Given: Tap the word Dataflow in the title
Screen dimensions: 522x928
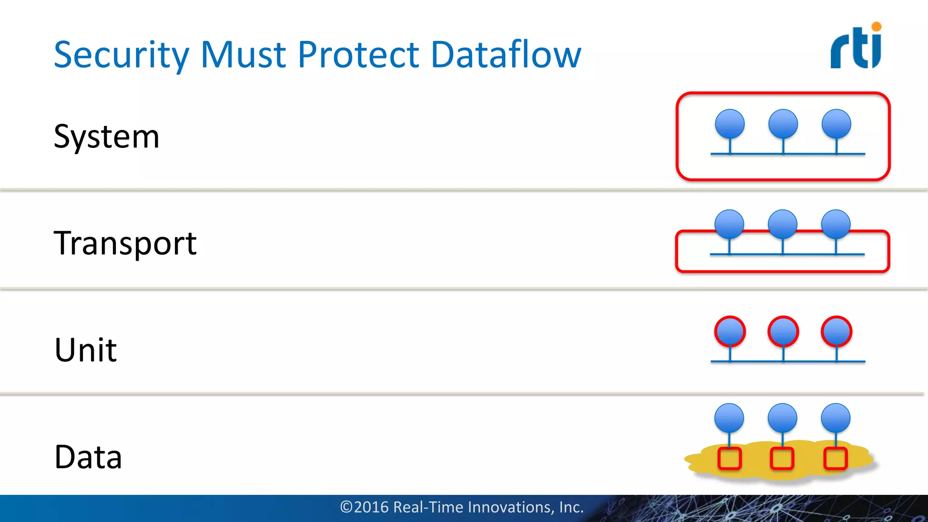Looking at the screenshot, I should coord(506,55).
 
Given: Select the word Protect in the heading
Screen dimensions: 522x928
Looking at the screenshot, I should coord(358,55).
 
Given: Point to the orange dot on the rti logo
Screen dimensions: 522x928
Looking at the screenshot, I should coord(876,27).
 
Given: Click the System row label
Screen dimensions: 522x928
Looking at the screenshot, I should coord(106,136).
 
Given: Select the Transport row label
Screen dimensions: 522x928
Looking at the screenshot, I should coord(125,243).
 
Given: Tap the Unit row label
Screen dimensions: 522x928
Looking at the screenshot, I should coord(86,350).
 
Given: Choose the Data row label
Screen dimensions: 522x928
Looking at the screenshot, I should coord(88,457).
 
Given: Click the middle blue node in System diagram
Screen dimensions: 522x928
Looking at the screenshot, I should coord(783,124).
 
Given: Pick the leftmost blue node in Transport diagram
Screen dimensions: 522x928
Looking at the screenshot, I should coord(729,224).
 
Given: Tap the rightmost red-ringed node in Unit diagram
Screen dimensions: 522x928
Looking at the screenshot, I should coord(836,332).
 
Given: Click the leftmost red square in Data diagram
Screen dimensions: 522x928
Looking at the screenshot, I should coord(730,458).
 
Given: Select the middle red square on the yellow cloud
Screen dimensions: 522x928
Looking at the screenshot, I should coord(782,458).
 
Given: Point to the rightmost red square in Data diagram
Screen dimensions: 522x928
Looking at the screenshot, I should coord(835,458).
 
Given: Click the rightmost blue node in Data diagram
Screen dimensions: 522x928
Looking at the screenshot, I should coord(836,418).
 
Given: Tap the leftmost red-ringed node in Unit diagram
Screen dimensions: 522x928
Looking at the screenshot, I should coord(730,332).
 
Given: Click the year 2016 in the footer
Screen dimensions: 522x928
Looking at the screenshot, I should coord(371,507).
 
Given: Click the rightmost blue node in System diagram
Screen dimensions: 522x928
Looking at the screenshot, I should coord(836,124).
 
